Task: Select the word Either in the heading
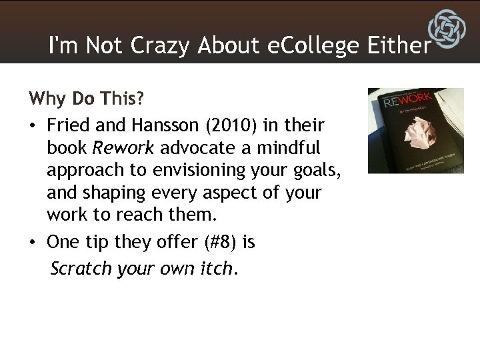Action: (x=399, y=45)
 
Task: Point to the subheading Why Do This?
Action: (x=86, y=99)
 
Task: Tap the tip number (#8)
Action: (x=218, y=242)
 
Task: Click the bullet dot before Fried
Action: (x=33, y=125)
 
